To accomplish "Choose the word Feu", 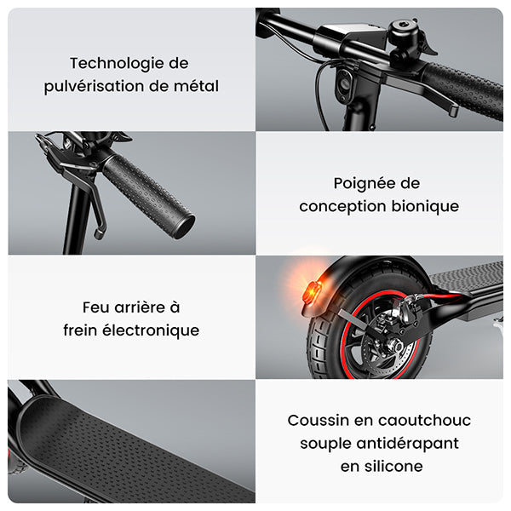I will [x=98, y=307].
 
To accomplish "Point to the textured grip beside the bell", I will [x=460, y=89].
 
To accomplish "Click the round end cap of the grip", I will [x=181, y=226].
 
